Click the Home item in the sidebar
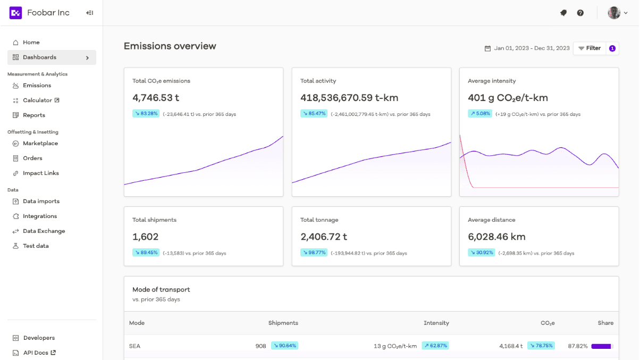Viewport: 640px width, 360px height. (31, 43)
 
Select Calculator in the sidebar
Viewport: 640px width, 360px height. (37, 101)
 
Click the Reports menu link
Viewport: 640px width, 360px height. (34, 115)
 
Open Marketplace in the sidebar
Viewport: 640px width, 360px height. (40, 144)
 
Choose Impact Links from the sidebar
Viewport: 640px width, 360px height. (41, 173)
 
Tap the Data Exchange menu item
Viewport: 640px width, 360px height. (44, 231)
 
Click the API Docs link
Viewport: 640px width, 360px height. (36, 353)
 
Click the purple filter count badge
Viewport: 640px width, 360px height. (612, 48)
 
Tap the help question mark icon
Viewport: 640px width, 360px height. (580, 13)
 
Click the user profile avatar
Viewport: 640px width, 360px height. (614, 13)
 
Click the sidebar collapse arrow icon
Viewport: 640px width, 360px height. (89, 13)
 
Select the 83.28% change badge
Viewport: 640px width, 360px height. (146, 114)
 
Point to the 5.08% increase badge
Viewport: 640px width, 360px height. (480, 114)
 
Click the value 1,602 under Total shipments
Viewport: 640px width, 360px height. (146, 237)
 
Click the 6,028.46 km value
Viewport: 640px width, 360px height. (496, 237)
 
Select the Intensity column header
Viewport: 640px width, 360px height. (436, 323)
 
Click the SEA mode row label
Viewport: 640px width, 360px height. (134, 346)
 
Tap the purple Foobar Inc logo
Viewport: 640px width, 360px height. (15, 13)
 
